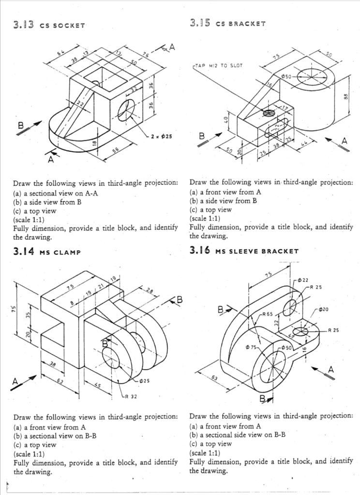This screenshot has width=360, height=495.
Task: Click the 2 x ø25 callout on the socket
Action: click(x=161, y=137)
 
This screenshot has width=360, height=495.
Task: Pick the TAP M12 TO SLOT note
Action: click(x=218, y=65)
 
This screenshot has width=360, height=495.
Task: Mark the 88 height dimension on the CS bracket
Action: click(x=345, y=97)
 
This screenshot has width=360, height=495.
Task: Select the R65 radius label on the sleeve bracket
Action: click(x=267, y=314)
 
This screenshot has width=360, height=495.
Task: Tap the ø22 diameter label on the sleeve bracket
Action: click(x=303, y=280)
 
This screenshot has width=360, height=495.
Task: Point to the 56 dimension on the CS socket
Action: click(x=116, y=151)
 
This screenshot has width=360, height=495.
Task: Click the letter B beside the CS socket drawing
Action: click(x=21, y=126)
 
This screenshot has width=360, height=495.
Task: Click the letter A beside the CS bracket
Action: click(x=344, y=141)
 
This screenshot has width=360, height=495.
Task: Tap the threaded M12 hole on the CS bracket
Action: click(x=268, y=113)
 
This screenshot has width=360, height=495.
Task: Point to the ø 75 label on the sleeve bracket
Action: click(x=252, y=347)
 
